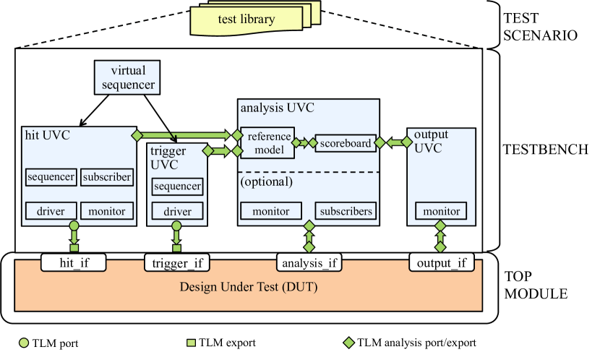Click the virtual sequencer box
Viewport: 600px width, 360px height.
point(127,77)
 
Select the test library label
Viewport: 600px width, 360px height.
point(247,19)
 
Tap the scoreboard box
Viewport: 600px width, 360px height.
point(346,143)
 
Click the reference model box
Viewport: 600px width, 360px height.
point(267,142)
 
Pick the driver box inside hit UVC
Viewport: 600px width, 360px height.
point(51,211)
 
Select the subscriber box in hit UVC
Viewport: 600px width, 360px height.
point(107,177)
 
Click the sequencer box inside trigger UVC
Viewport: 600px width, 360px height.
point(177,187)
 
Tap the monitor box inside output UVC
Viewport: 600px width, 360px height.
point(441,211)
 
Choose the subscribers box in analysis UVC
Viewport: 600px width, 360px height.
point(346,211)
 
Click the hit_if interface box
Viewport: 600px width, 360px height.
point(74,262)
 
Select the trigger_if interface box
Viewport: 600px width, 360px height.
point(177,262)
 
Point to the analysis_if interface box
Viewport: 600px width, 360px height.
point(309,262)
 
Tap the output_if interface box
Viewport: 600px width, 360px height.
point(442,262)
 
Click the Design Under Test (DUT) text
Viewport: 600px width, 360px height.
point(249,286)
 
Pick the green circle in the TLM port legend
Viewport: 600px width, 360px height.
point(24,343)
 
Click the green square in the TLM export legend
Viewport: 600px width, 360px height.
point(191,343)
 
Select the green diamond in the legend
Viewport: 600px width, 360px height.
point(348,343)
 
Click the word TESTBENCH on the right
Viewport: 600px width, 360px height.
point(545,150)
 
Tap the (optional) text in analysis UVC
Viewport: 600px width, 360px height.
point(266,181)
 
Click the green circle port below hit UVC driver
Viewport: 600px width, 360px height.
point(74,226)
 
